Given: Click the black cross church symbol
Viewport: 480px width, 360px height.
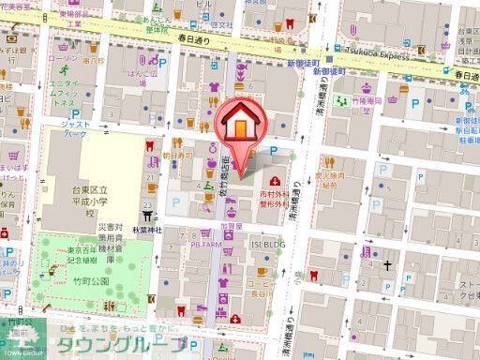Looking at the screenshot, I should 387,266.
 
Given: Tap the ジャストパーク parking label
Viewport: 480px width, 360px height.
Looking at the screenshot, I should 74,127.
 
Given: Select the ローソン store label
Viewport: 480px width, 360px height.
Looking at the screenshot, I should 62,58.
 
